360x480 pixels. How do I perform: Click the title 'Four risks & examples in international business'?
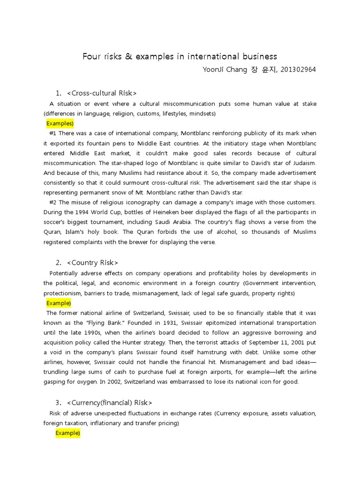[180, 57]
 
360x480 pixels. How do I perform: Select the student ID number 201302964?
[298, 70]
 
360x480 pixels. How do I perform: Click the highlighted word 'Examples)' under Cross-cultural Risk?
[60, 124]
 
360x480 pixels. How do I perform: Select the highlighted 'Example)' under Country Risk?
[59, 303]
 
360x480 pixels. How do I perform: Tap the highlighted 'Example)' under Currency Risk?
[68, 433]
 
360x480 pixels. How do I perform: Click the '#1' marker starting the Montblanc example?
[52, 134]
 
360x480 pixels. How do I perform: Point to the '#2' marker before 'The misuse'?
[52, 202]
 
